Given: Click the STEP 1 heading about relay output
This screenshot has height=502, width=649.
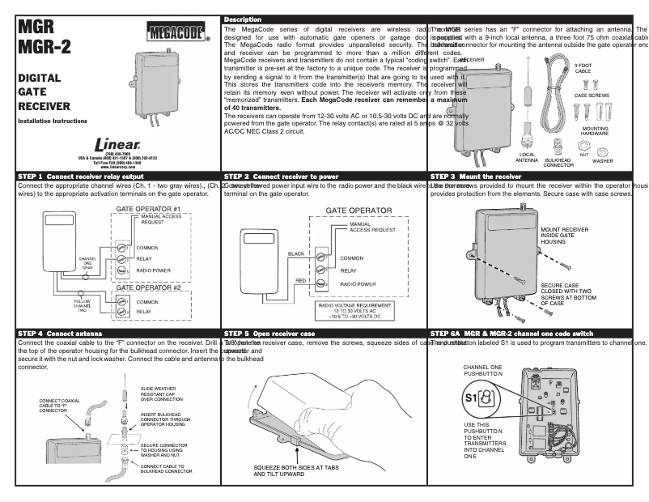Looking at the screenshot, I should pos(81,176).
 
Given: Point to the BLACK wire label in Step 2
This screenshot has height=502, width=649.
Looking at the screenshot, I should pos(295,253).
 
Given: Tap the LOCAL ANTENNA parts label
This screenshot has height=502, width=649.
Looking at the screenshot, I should pos(527,157).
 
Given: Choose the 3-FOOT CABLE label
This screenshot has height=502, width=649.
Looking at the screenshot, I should pos(583,68).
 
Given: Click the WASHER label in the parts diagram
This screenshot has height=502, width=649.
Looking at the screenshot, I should pos(603,160).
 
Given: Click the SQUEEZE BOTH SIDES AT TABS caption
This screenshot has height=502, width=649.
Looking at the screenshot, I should pos(295,470).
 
